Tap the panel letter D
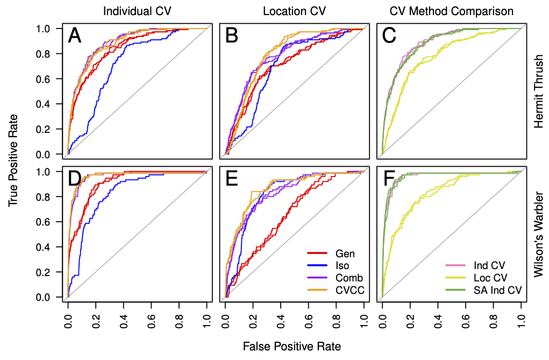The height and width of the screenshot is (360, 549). pyautogui.click(x=75, y=179)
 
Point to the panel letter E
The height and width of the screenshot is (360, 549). pyautogui.click(x=232, y=179)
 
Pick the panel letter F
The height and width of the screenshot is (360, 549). pyautogui.click(x=388, y=179)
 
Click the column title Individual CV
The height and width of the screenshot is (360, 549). pyautogui.click(x=138, y=11)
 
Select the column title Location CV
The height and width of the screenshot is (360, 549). pyautogui.click(x=294, y=11)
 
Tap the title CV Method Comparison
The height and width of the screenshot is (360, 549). pyautogui.click(x=451, y=11)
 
